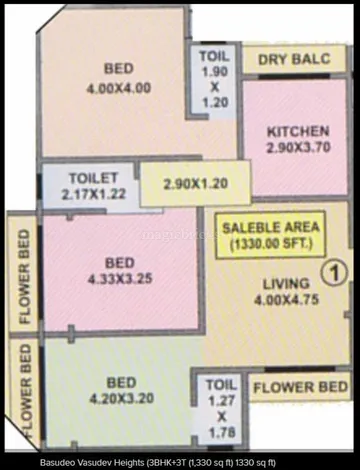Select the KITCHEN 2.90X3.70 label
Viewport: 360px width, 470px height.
coord(297,139)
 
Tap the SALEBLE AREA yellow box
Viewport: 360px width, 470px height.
coord(268,234)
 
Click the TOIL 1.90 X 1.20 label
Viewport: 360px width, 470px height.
coord(214,78)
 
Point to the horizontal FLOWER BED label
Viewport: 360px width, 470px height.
coord(299,386)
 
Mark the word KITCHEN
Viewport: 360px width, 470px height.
coord(297,131)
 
